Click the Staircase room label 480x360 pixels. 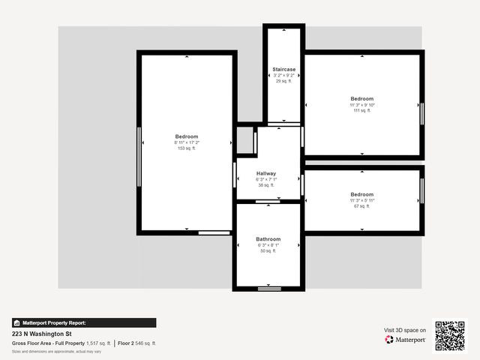point(283,69)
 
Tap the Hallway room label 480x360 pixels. point(266,173)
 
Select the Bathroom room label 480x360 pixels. point(268,239)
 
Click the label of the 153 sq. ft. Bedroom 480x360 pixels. point(187,136)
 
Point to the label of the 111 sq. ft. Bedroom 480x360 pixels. point(361,99)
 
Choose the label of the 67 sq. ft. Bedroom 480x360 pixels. point(361,194)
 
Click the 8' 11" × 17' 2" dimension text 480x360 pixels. point(187,142)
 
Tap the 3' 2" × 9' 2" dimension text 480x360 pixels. point(283,75)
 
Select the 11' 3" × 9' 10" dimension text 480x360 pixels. point(361,105)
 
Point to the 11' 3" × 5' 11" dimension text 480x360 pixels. point(361,200)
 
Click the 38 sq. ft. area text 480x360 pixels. point(266,185)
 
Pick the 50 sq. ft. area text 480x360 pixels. point(268,251)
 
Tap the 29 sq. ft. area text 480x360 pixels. point(283,81)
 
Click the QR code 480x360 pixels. point(450,336)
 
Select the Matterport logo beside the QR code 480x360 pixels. point(406,340)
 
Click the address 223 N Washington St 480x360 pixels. point(41,334)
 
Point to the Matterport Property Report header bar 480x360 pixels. point(84,322)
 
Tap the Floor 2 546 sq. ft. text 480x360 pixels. point(136,343)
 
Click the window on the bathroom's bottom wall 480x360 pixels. point(268,288)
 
